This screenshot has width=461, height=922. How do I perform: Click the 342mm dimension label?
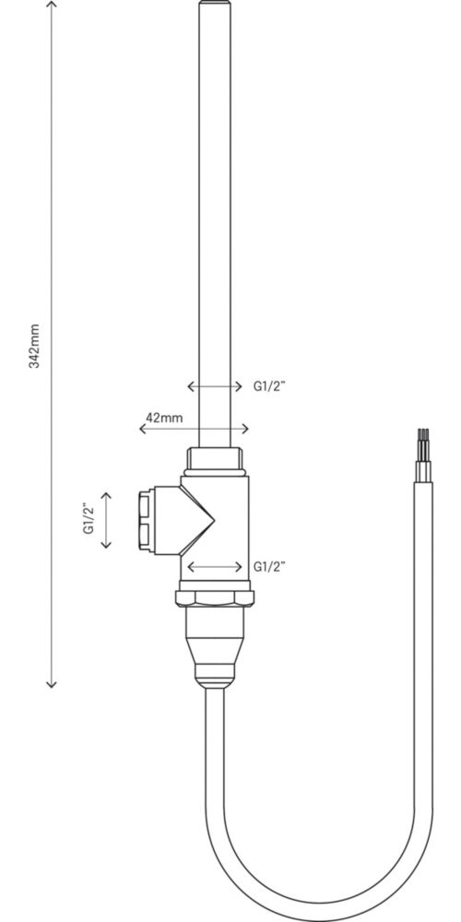point(35,346)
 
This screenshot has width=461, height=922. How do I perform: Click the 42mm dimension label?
point(164,418)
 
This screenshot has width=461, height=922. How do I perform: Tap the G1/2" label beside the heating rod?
point(269,386)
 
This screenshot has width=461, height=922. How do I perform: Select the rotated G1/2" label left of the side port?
point(89,519)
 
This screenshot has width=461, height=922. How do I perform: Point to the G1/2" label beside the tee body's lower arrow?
point(269,566)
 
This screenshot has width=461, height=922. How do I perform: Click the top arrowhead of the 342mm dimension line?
point(52,5)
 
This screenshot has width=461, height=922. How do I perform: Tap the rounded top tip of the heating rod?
point(215,4)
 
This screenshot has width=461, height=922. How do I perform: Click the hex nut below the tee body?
point(215,598)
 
